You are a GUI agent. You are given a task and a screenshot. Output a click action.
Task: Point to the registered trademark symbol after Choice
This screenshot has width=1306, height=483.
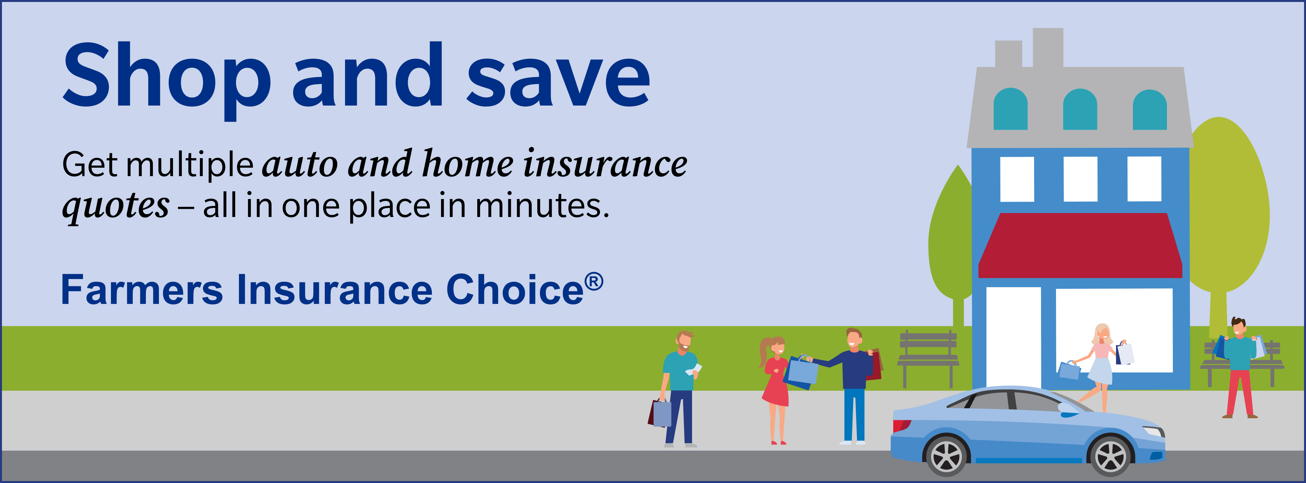[594, 282]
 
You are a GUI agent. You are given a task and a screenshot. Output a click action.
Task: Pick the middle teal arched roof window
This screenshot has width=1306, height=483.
[1080, 109]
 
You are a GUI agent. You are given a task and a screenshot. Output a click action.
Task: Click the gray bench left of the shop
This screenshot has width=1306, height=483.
[928, 358]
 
